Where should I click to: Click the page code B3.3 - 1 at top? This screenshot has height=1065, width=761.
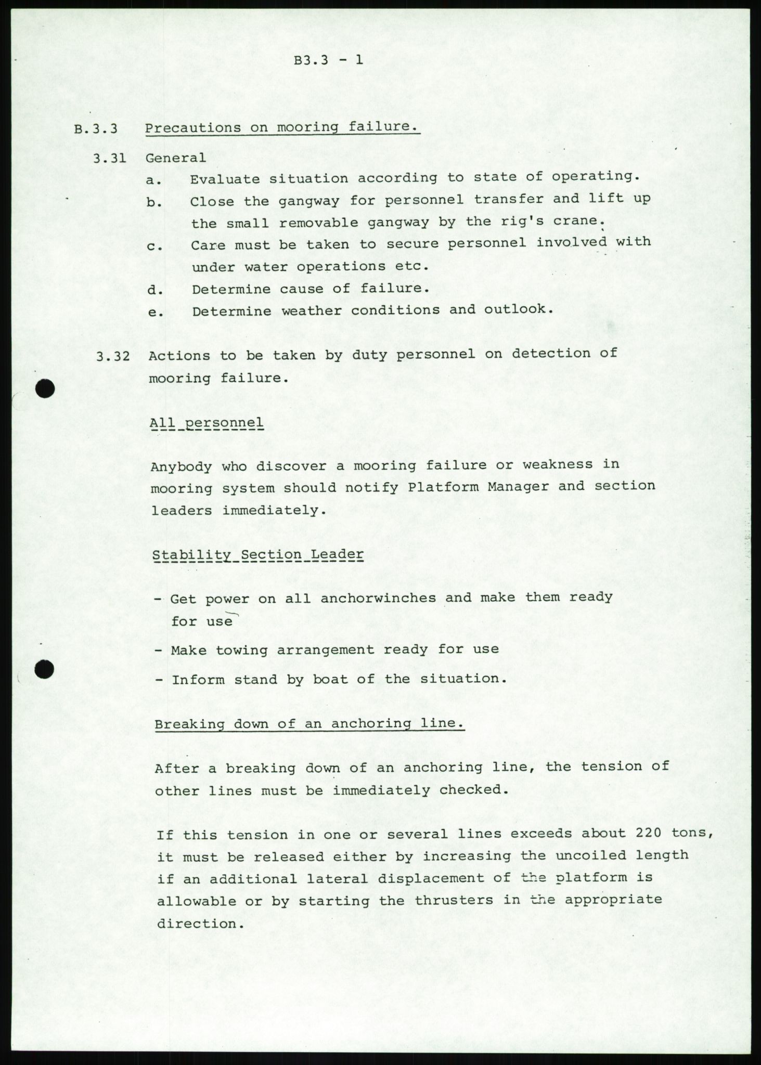(x=328, y=60)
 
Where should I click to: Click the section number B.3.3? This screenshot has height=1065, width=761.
(x=96, y=129)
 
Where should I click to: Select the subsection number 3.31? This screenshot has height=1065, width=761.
(x=109, y=158)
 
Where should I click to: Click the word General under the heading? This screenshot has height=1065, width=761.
(x=175, y=158)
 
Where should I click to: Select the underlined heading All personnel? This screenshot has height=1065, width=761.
(x=207, y=423)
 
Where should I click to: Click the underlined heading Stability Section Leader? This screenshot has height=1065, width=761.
(x=258, y=554)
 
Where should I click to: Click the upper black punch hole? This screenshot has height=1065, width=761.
(x=46, y=389)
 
